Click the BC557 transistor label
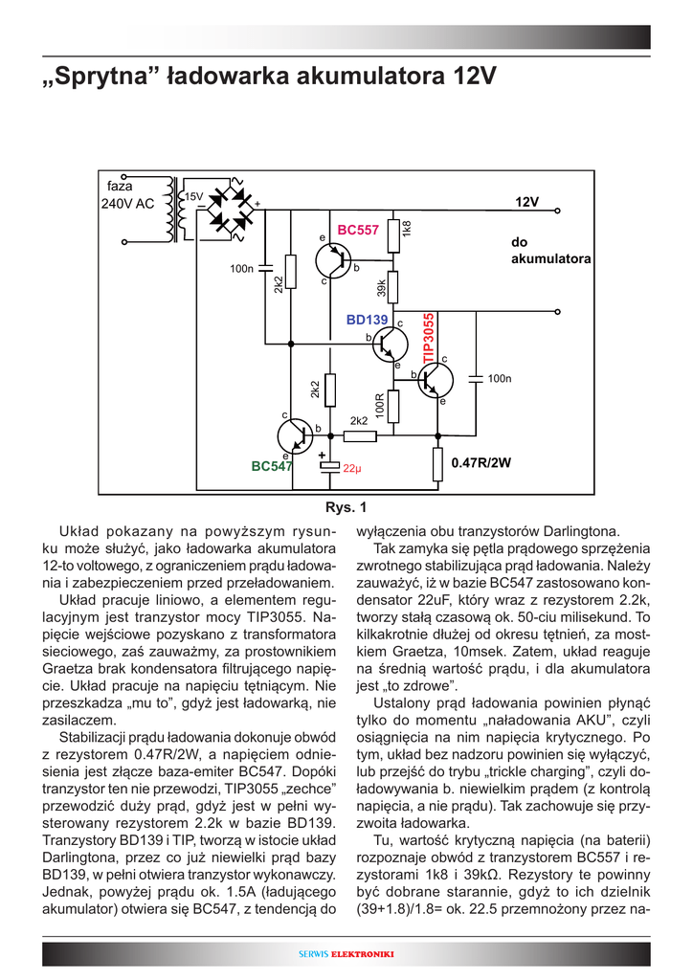coord(358,231)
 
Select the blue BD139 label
coord(367,320)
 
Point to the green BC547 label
coord(271,466)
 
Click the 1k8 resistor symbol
coord(393,233)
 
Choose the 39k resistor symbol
coord(393,286)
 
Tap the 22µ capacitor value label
coord(351,469)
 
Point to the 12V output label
coord(527,203)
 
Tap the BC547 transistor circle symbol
coord(295,436)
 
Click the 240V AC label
coord(127,204)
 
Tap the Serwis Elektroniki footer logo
coord(346,954)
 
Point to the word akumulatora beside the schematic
coord(551,259)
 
